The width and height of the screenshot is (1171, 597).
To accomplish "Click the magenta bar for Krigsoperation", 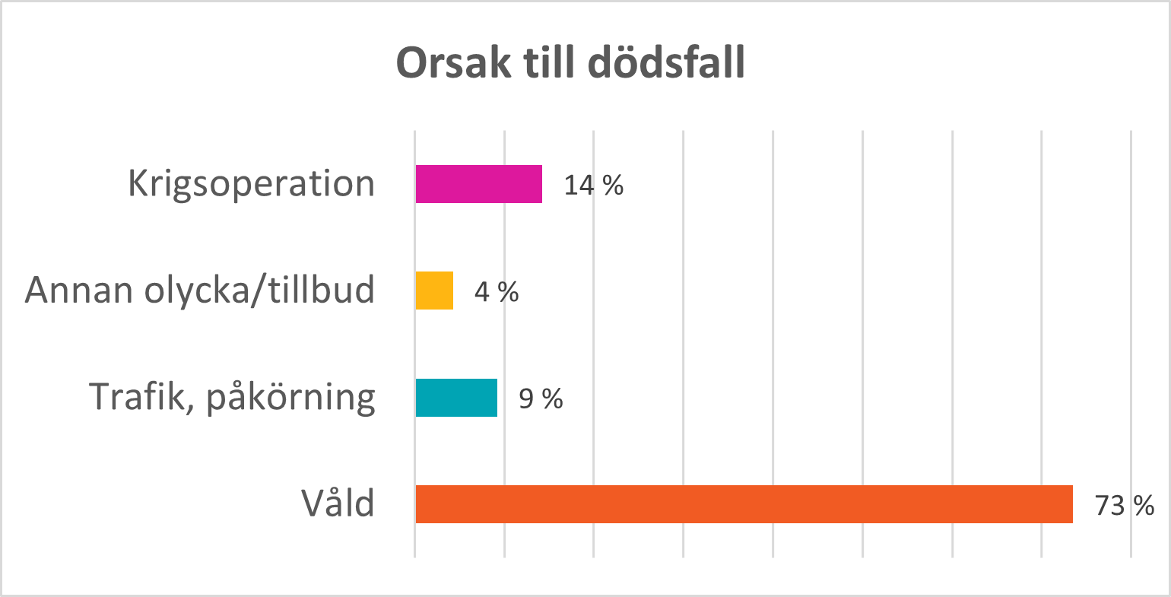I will tap(478, 184).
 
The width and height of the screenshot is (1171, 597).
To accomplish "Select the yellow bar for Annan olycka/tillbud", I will tap(434, 291).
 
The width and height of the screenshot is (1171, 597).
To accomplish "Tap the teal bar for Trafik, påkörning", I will tap(456, 398).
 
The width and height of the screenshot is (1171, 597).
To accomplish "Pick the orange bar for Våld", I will tap(744, 504).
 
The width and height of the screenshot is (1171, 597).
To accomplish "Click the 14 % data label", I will tap(593, 185).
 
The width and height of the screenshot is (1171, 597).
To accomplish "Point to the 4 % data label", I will tap(496, 291).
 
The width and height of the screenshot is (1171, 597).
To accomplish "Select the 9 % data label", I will tap(541, 399).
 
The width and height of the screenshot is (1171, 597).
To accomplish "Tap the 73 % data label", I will tap(1124, 505).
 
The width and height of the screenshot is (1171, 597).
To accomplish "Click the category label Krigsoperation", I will tap(251, 184).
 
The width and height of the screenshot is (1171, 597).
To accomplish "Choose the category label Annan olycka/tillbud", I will tap(200, 291).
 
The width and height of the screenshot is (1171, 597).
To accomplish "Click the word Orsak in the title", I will tap(453, 64).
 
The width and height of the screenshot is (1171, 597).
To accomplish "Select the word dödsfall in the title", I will tap(666, 64).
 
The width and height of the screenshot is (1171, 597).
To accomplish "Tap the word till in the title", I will tap(549, 64).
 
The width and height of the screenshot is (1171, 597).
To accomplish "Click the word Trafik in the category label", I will tap(141, 396).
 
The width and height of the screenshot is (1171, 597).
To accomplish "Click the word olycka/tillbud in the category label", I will tap(259, 291).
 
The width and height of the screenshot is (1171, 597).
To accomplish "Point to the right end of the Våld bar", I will tap(1071, 504).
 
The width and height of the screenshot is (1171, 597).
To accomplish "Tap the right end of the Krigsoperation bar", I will tap(540, 184).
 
